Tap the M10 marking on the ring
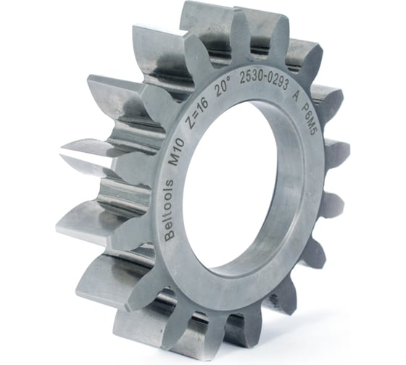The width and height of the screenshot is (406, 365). point(177,153)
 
